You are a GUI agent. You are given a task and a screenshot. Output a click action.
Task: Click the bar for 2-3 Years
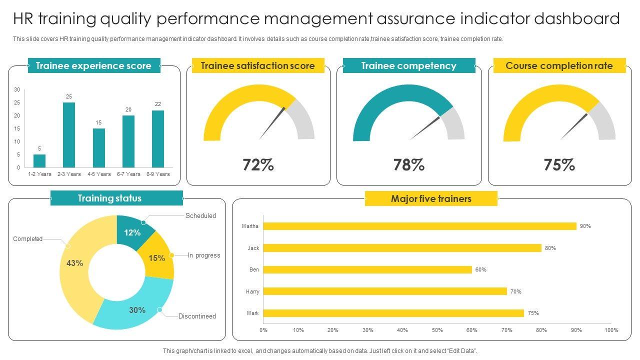point(69,135)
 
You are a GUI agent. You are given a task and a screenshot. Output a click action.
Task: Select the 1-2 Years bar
point(39,161)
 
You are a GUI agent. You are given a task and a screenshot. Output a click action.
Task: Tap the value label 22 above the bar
point(158,104)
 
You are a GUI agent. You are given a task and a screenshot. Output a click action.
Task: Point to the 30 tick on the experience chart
point(17,90)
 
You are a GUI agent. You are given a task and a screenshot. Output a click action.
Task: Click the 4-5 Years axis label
point(99,174)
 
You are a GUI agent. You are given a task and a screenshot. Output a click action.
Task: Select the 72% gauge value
point(258,164)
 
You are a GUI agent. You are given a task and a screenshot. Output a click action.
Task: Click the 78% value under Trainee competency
point(409,164)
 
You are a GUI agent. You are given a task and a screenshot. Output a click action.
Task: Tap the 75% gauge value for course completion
point(559,164)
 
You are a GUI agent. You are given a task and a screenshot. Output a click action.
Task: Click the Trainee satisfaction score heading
point(258,66)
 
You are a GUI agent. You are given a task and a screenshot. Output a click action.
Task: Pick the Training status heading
point(109,198)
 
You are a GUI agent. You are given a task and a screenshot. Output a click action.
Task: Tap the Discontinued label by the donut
point(197,316)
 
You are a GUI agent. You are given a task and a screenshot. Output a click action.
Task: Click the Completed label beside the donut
point(28,239)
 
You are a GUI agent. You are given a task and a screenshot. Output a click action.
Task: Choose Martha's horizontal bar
point(419,226)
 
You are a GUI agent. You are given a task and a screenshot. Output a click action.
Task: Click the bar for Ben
point(367,269)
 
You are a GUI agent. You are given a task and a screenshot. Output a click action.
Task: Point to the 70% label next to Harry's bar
point(516,291)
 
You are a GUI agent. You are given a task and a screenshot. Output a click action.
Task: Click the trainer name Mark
point(253,313)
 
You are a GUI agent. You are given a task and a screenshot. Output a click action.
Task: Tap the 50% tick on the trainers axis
point(437,330)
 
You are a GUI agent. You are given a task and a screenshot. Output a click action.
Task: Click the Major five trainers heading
point(431,199)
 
